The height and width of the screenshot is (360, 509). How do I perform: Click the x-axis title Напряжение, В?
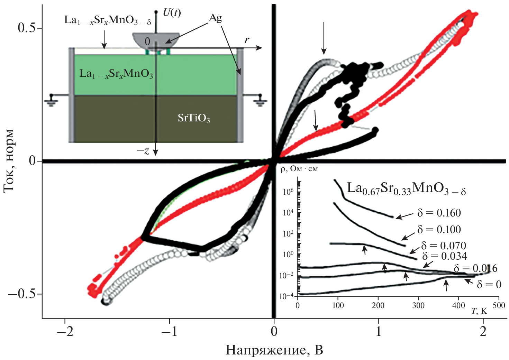pyautogui.click(x=274, y=350)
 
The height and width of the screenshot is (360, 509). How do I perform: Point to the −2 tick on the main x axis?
pyautogui.click(x=64, y=331)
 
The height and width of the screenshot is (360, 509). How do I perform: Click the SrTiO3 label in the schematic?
pyautogui.click(x=194, y=118)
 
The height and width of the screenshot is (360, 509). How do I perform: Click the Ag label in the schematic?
pyautogui.click(x=215, y=18)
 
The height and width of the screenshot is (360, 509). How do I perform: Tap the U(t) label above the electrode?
pyautogui.click(x=172, y=13)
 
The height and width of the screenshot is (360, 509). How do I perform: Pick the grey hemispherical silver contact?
pyautogui.click(x=156, y=40)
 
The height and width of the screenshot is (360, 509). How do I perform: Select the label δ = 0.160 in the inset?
pyautogui.click(x=439, y=213)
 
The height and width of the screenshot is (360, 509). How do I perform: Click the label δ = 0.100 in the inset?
pyautogui.click(x=439, y=230)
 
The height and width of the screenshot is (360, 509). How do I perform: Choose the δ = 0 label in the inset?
pyautogui.click(x=489, y=284)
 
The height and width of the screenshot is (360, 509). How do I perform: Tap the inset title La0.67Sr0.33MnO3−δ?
pyautogui.click(x=406, y=188)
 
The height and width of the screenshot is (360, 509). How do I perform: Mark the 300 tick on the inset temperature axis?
pyautogui.click(x=418, y=305)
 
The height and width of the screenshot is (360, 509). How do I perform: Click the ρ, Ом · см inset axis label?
pyautogui.click(x=299, y=169)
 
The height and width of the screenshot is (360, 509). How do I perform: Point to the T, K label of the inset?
pyautogui.click(x=479, y=311)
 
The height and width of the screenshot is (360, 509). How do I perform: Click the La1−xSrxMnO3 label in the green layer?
pyautogui.click(x=116, y=74)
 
